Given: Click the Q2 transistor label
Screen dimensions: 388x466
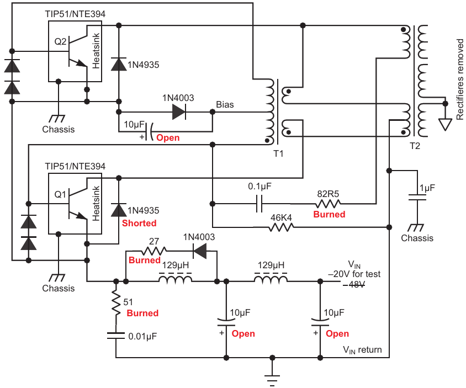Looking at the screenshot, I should [x=61, y=40].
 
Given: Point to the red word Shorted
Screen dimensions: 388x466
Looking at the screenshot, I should [x=139, y=223].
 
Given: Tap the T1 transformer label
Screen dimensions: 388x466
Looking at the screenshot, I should [x=279, y=153].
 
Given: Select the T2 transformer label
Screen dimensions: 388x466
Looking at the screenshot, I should [x=415, y=146].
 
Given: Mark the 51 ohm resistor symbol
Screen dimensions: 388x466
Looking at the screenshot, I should [x=115, y=302].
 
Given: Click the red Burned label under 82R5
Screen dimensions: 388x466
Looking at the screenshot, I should [x=330, y=214].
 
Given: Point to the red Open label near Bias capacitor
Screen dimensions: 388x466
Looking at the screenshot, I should [x=168, y=137].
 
